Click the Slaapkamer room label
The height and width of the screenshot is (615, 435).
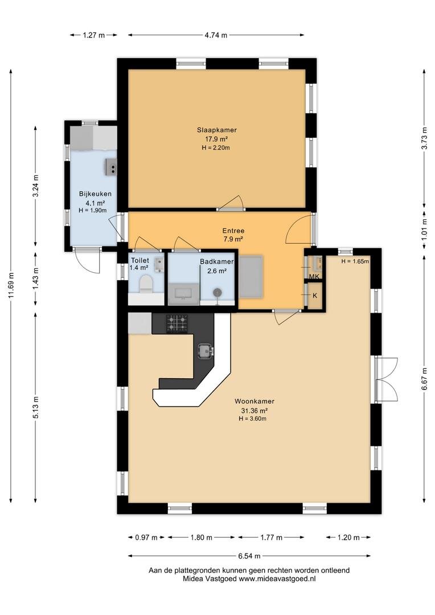point(216,130)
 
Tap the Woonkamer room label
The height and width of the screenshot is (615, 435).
point(254,401)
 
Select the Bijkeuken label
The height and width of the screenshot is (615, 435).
point(95,194)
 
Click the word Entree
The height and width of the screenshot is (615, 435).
point(233,231)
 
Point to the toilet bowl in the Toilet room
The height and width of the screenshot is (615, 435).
point(146,283)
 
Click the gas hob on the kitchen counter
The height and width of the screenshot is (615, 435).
point(177,323)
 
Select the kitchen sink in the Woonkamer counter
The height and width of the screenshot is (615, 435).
point(206,350)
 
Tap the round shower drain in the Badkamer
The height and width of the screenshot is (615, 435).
point(217,292)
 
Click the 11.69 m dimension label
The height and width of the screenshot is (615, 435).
point(11,285)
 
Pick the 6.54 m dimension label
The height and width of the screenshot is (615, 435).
point(249,556)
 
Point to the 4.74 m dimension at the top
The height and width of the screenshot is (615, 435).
point(216,35)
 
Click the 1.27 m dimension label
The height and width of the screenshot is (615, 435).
point(94,35)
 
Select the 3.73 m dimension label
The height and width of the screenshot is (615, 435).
point(424,138)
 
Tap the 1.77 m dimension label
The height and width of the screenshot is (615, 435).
point(272,538)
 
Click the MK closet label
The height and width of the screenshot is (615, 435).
point(314,277)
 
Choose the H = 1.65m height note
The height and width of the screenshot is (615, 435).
point(355,261)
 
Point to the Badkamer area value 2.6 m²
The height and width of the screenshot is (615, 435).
point(217,270)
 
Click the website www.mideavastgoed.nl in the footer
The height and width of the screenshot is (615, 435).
point(277,579)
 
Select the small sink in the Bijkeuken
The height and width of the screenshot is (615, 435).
point(112,167)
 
